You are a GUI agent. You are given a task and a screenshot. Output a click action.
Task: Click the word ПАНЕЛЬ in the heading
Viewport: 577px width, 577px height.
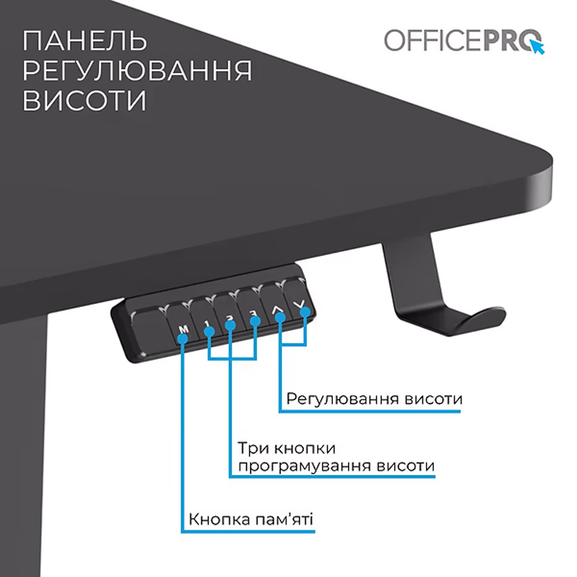85,42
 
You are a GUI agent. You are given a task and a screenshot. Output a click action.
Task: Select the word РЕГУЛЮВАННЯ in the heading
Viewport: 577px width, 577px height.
137,71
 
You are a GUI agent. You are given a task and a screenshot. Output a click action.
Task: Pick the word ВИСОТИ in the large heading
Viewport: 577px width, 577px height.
84,100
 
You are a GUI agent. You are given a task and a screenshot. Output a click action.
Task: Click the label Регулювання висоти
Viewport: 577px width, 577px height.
374,399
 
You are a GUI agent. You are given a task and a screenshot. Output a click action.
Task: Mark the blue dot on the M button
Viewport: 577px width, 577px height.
182,338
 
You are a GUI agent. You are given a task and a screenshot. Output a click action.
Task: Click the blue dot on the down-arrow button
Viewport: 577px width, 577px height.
305,313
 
